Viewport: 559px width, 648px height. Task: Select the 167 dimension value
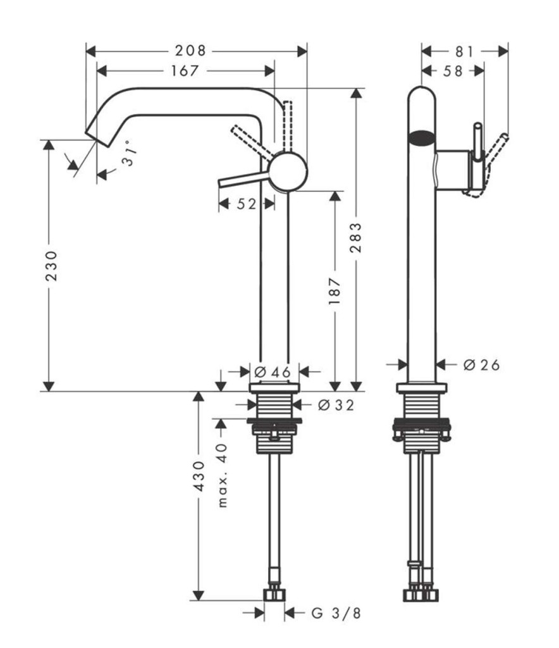[x=185, y=71]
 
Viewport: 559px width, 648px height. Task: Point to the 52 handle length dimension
[x=247, y=204]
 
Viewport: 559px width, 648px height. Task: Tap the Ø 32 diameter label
[x=335, y=404]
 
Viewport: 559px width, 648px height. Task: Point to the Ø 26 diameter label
[x=481, y=364]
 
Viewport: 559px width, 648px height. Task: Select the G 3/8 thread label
[x=338, y=613]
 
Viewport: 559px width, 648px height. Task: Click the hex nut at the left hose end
[x=275, y=595]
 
